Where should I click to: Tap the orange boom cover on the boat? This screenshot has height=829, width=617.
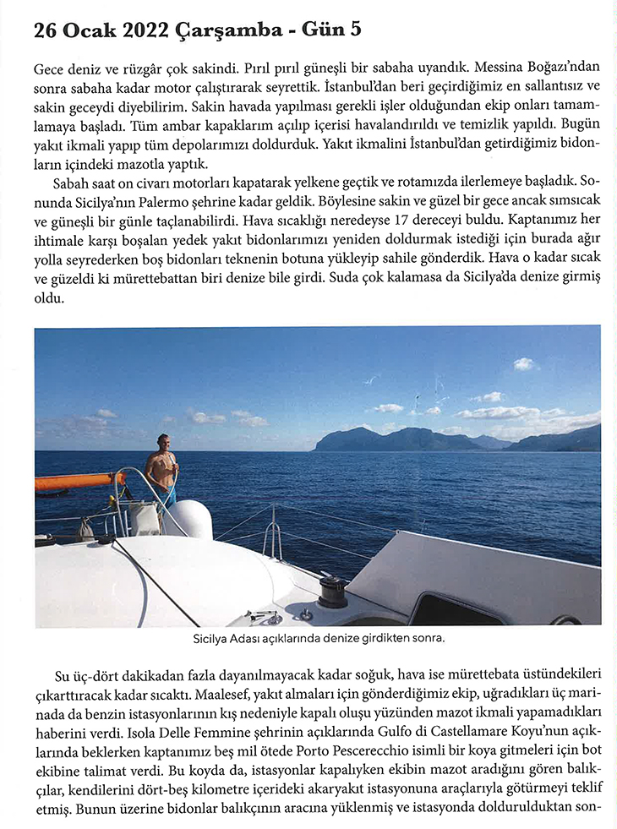(x=79, y=482)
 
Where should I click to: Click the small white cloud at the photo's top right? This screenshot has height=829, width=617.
(x=524, y=363)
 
